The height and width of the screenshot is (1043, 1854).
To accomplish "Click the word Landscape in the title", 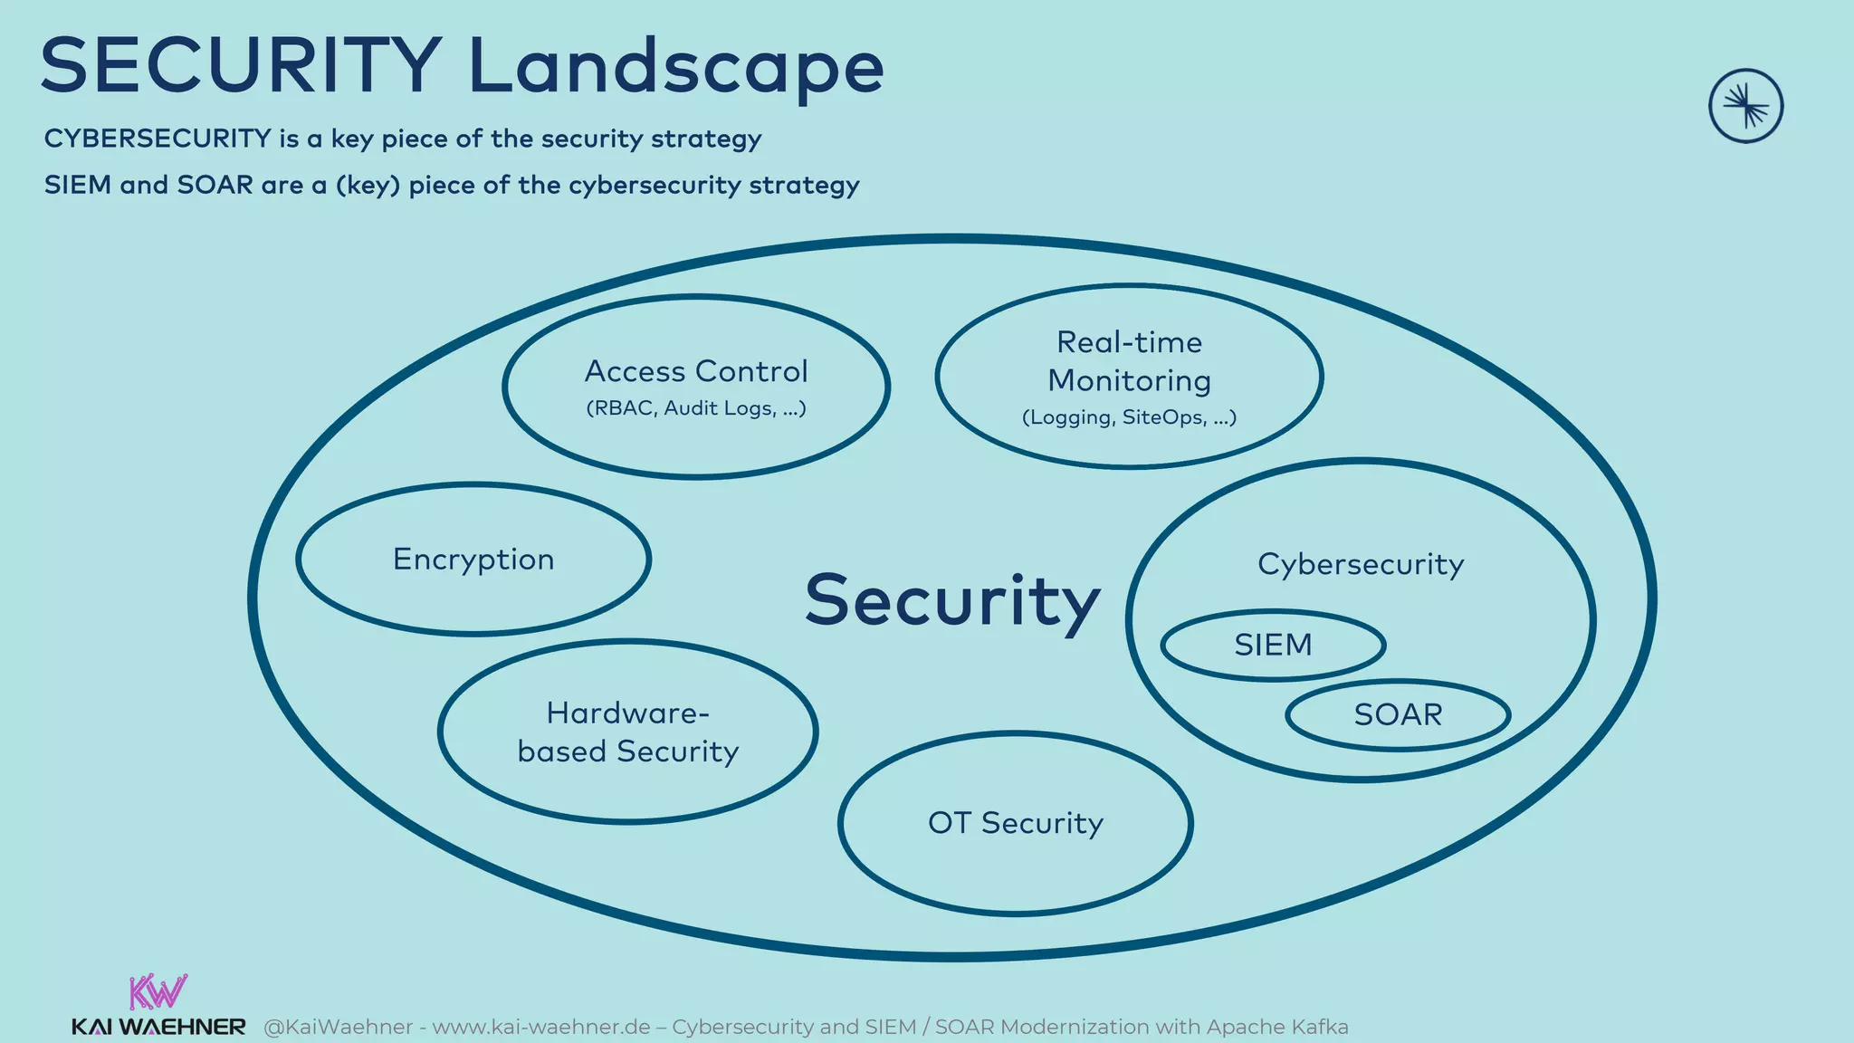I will (x=675, y=67).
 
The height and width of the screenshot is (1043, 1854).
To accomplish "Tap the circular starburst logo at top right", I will (x=1745, y=106).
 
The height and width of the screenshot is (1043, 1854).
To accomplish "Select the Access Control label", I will (x=695, y=371).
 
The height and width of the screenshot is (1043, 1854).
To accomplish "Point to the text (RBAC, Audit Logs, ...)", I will (x=695, y=408).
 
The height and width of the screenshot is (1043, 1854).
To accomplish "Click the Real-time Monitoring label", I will (x=1129, y=361).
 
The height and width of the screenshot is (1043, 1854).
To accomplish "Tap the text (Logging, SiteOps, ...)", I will (x=1129, y=417).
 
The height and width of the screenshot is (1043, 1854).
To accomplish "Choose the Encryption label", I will (x=473, y=560).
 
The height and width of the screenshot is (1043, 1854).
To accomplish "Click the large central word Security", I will (x=952, y=600).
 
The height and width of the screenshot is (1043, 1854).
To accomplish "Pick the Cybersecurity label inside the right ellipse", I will (x=1361, y=564).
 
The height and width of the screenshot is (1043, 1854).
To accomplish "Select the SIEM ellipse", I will (x=1273, y=645).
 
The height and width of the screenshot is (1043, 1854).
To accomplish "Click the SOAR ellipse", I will (x=1398, y=715).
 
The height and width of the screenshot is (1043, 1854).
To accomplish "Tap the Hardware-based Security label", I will (x=628, y=732).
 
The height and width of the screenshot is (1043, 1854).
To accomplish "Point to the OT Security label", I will (x=1016, y=823).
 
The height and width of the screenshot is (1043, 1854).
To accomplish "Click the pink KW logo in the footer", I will (x=158, y=991).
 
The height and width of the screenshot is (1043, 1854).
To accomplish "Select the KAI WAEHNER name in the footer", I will (x=158, y=1028).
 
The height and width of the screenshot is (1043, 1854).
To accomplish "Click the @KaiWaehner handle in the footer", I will (x=338, y=1028).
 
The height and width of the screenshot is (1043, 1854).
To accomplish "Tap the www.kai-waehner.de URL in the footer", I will (x=541, y=1028).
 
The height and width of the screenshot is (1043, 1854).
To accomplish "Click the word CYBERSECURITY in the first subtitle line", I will (x=158, y=139).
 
